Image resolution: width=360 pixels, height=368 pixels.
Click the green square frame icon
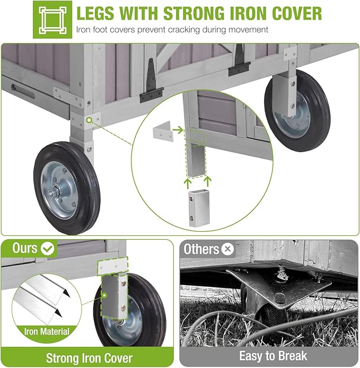[x=52, y=20]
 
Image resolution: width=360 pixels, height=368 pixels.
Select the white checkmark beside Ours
[x=47, y=249]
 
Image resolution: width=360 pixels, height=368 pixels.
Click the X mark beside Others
[x=227, y=249]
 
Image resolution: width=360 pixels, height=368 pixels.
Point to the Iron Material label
[x=47, y=331]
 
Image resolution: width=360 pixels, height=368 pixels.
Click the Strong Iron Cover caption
[x=89, y=358]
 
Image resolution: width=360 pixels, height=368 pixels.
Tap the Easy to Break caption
[x=273, y=356]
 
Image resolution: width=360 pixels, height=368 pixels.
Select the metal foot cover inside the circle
[x=199, y=208]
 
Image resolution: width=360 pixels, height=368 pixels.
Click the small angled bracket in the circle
[x=163, y=131]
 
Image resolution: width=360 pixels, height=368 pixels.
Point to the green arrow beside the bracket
[x=178, y=129]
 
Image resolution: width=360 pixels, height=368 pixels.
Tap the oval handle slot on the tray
[x=23, y=91]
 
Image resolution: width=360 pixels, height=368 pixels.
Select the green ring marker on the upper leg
[x=89, y=120]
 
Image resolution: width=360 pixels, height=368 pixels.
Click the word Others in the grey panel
[x=201, y=249]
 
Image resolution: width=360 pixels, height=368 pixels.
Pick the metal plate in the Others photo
[x=279, y=287]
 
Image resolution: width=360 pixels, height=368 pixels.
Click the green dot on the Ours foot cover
[x=104, y=295]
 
